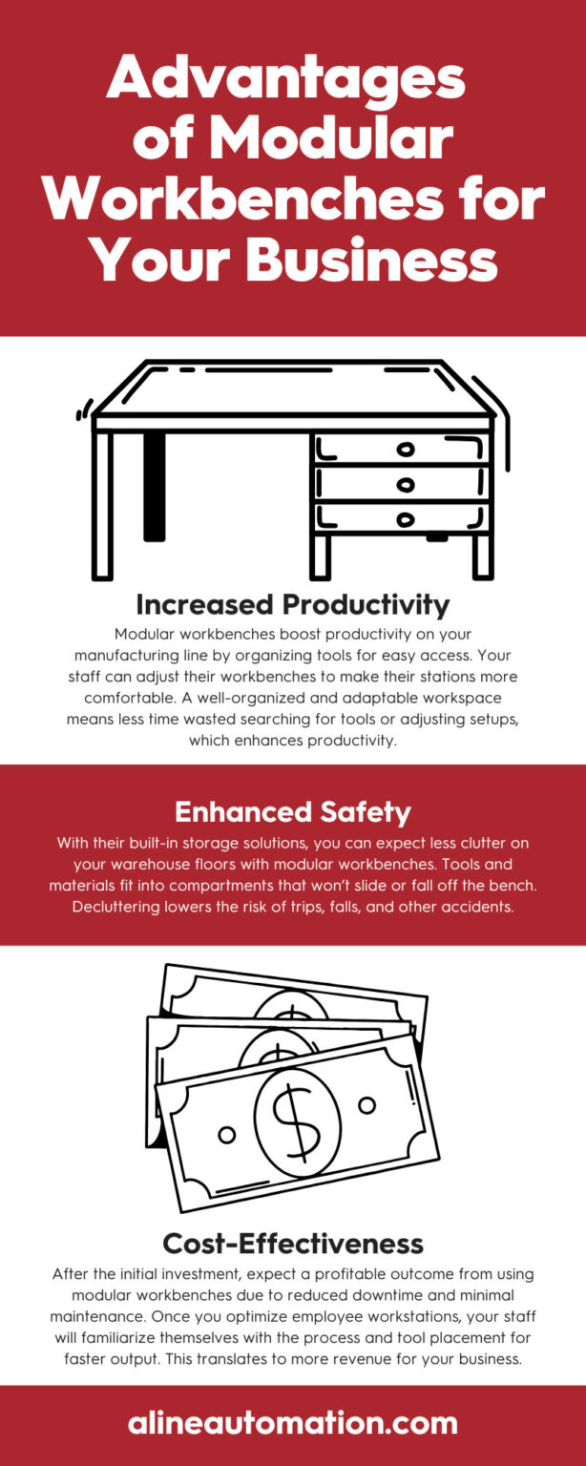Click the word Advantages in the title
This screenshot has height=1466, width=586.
pyautogui.click(x=285, y=80)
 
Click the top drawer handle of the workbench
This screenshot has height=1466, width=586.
pyautogui.click(x=407, y=449)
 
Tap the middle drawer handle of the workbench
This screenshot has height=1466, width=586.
pyautogui.click(x=407, y=485)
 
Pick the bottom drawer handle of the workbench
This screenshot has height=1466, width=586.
pyautogui.click(x=407, y=520)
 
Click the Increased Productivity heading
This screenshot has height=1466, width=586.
pyautogui.click(x=292, y=604)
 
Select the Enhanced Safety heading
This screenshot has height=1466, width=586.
pyautogui.click(x=292, y=812)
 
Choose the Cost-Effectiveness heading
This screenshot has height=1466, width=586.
pyautogui.click(x=292, y=1243)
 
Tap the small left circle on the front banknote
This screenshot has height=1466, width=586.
pyautogui.click(x=227, y=1135)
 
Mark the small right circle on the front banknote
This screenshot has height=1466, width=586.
pyautogui.click(x=368, y=1104)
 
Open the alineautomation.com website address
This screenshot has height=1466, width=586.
pyautogui.click(x=292, y=1424)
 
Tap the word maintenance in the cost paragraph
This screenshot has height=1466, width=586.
pyautogui.click(x=115, y=1317)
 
